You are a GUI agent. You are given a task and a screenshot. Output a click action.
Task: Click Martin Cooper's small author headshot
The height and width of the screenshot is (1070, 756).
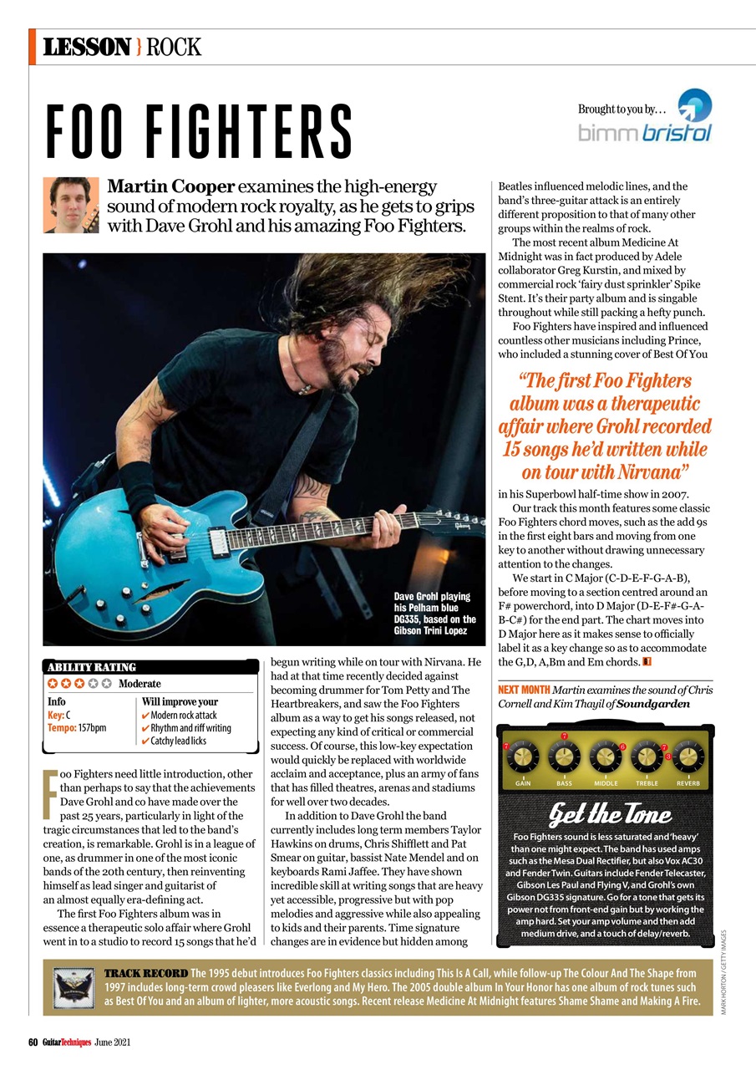point(71,205)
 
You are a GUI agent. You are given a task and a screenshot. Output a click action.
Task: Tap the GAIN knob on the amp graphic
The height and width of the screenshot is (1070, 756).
point(523,757)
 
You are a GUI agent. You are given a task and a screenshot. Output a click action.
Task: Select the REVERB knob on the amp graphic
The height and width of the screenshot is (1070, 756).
point(688,757)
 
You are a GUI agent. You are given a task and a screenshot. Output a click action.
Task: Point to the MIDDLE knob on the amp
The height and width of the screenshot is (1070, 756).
point(606,757)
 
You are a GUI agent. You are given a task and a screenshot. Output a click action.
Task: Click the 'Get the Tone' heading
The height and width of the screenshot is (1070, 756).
point(609,813)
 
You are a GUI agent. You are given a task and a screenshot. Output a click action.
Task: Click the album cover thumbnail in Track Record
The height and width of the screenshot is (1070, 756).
point(74,987)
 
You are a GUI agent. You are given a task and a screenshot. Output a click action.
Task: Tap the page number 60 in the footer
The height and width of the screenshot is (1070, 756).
point(33,1042)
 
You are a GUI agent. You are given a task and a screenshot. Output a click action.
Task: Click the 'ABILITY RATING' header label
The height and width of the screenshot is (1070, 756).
point(91,667)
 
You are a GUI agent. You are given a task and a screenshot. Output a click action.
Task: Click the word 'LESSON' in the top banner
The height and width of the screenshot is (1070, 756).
point(87,47)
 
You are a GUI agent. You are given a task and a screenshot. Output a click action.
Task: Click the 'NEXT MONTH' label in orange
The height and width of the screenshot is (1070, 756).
point(523,690)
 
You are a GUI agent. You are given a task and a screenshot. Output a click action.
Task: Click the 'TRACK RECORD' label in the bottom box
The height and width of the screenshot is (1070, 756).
point(145,974)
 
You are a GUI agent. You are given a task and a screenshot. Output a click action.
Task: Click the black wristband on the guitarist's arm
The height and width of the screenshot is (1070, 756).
point(136,484)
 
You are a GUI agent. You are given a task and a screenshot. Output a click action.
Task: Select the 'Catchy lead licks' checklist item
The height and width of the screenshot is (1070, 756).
point(178,741)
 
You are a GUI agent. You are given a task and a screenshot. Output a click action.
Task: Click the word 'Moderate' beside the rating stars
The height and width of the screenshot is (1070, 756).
point(140,684)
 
